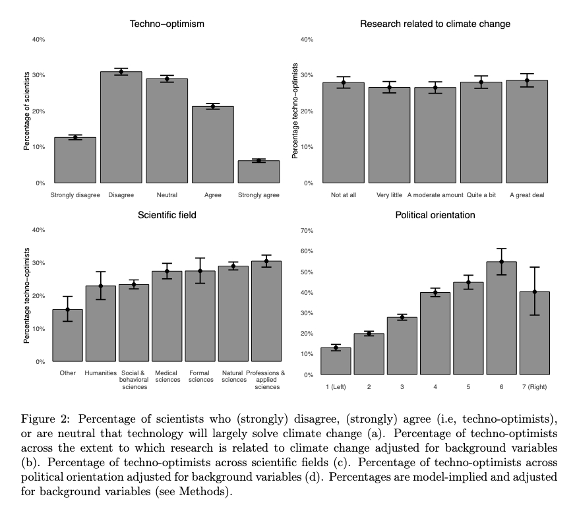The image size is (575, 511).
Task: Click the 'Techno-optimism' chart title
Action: [x=166, y=24]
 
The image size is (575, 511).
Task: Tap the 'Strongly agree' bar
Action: [x=258, y=171]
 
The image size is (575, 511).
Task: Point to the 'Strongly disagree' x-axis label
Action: [x=75, y=195]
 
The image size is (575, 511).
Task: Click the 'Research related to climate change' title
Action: [x=435, y=24]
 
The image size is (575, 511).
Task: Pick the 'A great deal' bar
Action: [x=527, y=132]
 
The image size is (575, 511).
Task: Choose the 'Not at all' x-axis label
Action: [x=344, y=195]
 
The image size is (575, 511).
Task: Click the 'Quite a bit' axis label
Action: [x=481, y=195]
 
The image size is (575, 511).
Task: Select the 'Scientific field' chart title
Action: [x=167, y=215]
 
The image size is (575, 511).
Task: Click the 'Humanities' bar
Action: [x=100, y=323]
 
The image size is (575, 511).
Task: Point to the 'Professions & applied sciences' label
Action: [x=266, y=380]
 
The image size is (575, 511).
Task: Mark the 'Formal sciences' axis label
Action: [x=200, y=376]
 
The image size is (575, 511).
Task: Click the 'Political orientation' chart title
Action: [x=435, y=215]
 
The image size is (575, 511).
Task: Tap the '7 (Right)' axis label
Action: [x=533, y=386]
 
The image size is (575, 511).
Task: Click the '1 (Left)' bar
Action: [x=336, y=361]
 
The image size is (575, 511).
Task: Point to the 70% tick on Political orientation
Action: [x=307, y=230]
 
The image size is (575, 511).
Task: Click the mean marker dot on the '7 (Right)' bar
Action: [x=533, y=291]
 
